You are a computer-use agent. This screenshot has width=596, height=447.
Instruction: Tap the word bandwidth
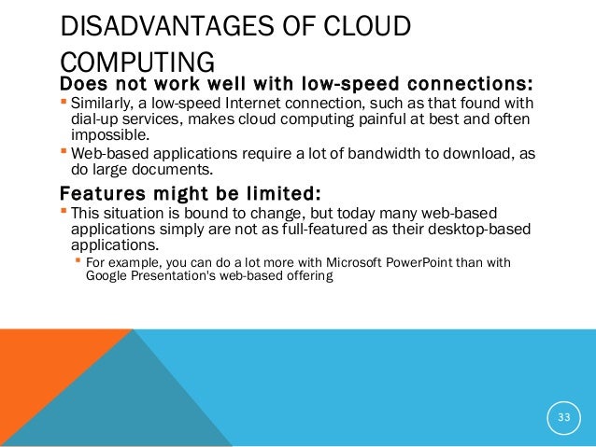click(x=337, y=153)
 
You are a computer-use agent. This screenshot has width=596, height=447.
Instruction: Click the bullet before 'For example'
click(x=78, y=262)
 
